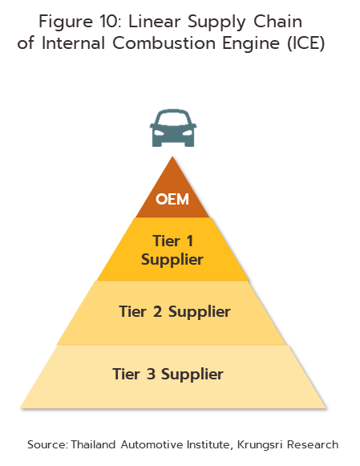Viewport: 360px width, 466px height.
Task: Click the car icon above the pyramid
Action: pos(173,128)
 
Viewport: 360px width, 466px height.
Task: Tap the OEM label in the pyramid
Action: pos(172,199)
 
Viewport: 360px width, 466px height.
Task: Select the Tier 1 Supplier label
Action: pos(172,250)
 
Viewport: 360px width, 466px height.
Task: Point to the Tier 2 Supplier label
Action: pos(175,312)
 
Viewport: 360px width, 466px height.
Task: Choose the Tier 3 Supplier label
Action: pos(168,374)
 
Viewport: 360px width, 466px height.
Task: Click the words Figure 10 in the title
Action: pos(80,22)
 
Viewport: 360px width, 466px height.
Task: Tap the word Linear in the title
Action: pos(155,22)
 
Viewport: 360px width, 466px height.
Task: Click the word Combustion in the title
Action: pos(164,43)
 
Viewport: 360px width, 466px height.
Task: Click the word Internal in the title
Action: pos(74,43)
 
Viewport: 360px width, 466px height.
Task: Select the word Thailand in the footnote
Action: pos(93,444)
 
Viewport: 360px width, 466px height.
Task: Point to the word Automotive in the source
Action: pos(152,444)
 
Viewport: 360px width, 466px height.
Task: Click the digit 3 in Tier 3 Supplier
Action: pos(151,374)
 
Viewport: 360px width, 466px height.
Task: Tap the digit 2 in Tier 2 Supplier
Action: pos(158,311)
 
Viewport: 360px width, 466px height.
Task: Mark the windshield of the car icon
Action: pos(173,119)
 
